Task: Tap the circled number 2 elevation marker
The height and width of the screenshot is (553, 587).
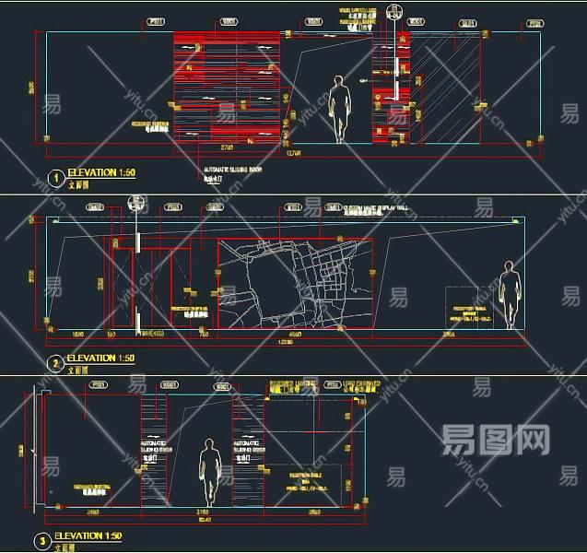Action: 56,364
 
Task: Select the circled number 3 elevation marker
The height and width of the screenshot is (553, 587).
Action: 42,542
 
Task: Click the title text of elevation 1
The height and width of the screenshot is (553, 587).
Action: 101,173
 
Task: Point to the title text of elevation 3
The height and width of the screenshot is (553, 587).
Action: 88,536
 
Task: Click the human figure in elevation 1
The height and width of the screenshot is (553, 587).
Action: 341,109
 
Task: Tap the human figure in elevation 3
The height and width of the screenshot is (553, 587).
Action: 211,472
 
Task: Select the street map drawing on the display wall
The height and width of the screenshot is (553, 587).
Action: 295,283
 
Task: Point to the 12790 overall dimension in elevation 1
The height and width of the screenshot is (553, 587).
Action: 293,153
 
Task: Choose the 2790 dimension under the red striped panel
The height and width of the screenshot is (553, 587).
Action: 226,147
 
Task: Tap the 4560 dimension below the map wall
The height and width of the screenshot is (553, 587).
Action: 295,335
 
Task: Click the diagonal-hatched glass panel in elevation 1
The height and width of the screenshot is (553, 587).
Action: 445,88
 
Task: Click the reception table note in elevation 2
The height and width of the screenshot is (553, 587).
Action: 473,313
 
